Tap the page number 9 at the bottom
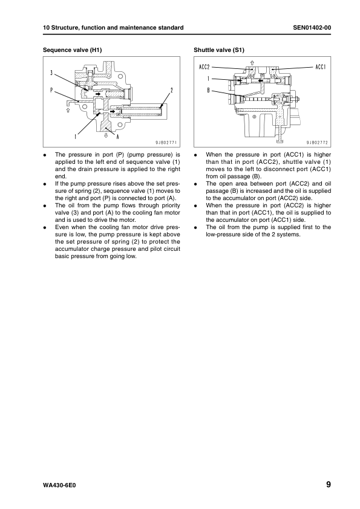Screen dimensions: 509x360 pyautogui.click(x=327, y=484)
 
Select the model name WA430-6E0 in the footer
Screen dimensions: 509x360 pyautogui.click(x=60, y=485)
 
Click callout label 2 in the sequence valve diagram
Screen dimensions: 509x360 pyautogui.click(x=172, y=90)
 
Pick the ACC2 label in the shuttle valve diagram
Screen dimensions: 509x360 pyautogui.click(x=205, y=66)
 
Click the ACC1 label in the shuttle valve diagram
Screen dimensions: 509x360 pyautogui.click(x=321, y=66)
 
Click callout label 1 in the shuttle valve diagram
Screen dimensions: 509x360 pyautogui.click(x=208, y=79)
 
